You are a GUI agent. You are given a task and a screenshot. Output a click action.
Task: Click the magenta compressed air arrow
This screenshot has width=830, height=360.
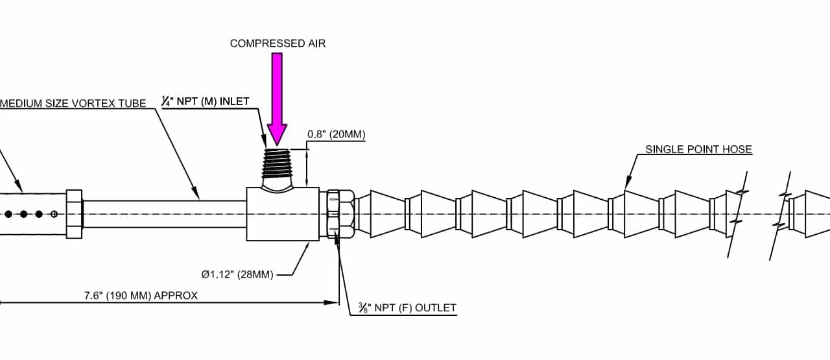(277, 97)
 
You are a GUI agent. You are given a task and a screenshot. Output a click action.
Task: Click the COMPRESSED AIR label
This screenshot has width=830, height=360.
(277, 43)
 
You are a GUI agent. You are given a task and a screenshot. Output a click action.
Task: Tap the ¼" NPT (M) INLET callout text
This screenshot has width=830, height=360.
(205, 101)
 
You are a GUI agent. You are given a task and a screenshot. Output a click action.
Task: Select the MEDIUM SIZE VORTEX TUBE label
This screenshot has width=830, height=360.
(73, 103)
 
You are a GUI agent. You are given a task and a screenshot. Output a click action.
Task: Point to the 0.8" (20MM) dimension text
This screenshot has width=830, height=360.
(337, 135)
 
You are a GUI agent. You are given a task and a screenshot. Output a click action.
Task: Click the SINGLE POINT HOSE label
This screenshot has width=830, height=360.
(698, 149)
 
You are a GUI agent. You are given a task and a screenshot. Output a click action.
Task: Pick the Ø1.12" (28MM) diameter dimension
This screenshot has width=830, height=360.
(237, 274)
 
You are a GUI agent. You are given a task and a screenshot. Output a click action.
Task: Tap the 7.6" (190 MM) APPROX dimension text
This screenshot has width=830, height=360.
(141, 295)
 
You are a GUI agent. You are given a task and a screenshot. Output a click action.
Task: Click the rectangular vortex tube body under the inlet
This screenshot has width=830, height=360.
(282, 214)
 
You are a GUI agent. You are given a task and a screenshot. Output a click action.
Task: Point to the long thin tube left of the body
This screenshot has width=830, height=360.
(165, 213)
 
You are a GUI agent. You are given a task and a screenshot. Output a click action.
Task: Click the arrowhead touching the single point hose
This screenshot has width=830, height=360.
(627, 186)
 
